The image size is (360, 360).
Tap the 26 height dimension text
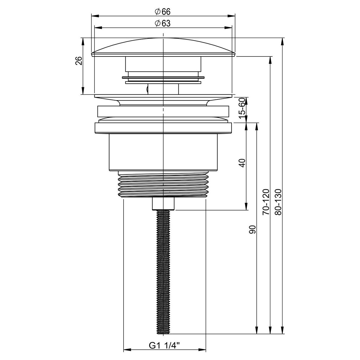pyautogui.click(x=79, y=61)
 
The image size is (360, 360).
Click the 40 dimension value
pyautogui.click(x=242, y=163)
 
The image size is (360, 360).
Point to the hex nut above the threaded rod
pyautogui.click(x=163, y=204)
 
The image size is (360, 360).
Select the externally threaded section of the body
pyautogui.click(x=163, y=184)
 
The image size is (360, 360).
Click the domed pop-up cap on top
pyautogui.click(x=163, y=47)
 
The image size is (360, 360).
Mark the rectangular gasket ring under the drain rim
pyautogui.click(x=163, y=111)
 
